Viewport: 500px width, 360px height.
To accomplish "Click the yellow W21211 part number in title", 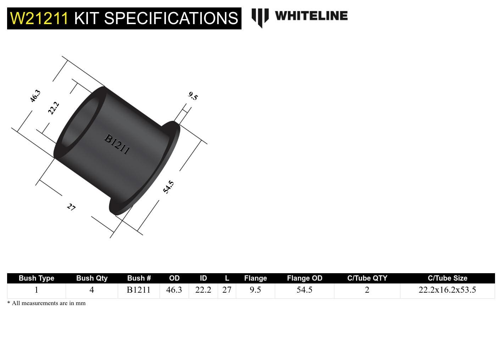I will click(x=39, y=18).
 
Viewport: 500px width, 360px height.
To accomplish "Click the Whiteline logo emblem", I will click(x=260, y=17).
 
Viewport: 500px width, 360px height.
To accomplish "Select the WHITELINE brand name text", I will click(x=311, y=16).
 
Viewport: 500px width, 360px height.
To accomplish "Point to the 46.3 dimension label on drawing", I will click(x=35, y=96).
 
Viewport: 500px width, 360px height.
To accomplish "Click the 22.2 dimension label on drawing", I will click(x=53, y=108).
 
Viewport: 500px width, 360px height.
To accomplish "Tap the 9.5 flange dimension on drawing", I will click(x=193, y=96).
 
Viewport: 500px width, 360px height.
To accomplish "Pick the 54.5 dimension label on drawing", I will click(x=168, y=187).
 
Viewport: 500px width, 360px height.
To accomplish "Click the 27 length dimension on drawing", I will click(x=71, y=207).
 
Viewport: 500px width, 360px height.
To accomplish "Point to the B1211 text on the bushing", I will click(x=117, y=144).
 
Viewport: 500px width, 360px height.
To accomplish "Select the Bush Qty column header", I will click(x=92, y=278).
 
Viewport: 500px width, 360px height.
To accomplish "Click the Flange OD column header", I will click(x=304, y=278).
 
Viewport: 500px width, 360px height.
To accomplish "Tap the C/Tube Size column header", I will click(x=447, y=278).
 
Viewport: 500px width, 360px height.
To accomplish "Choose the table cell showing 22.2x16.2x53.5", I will click(x=447, y=290).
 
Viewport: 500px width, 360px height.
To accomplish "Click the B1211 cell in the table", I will click(x=139, y=290).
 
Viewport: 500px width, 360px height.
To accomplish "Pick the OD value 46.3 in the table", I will click(x=174, y=290).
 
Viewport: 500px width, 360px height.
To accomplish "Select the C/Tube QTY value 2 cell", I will click(x=367, y=290).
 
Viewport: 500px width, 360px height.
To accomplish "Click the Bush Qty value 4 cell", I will click(x=92, y=290).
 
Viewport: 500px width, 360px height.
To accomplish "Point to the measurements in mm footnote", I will click(x=46, y=303).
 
